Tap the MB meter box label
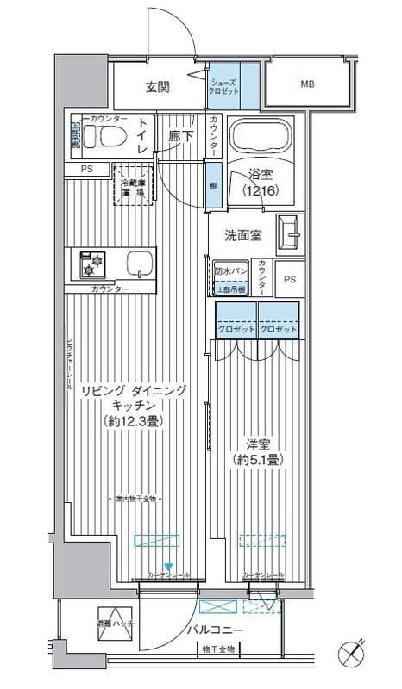pyautogui.click(x=307, y=84)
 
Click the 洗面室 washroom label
pyautogui.click(x=243, y=234)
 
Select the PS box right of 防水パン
pyautogui.click(x=289, y=279)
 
